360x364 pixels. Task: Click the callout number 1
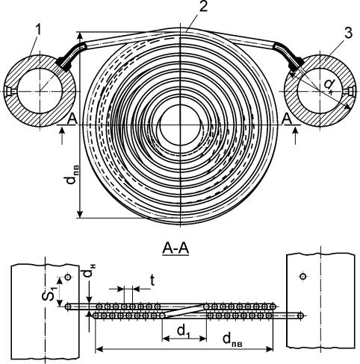38,31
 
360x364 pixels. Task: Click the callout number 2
203,7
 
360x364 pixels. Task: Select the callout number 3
348,33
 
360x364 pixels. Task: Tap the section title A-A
176,248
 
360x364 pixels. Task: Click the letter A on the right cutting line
288,119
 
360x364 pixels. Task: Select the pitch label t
152,280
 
